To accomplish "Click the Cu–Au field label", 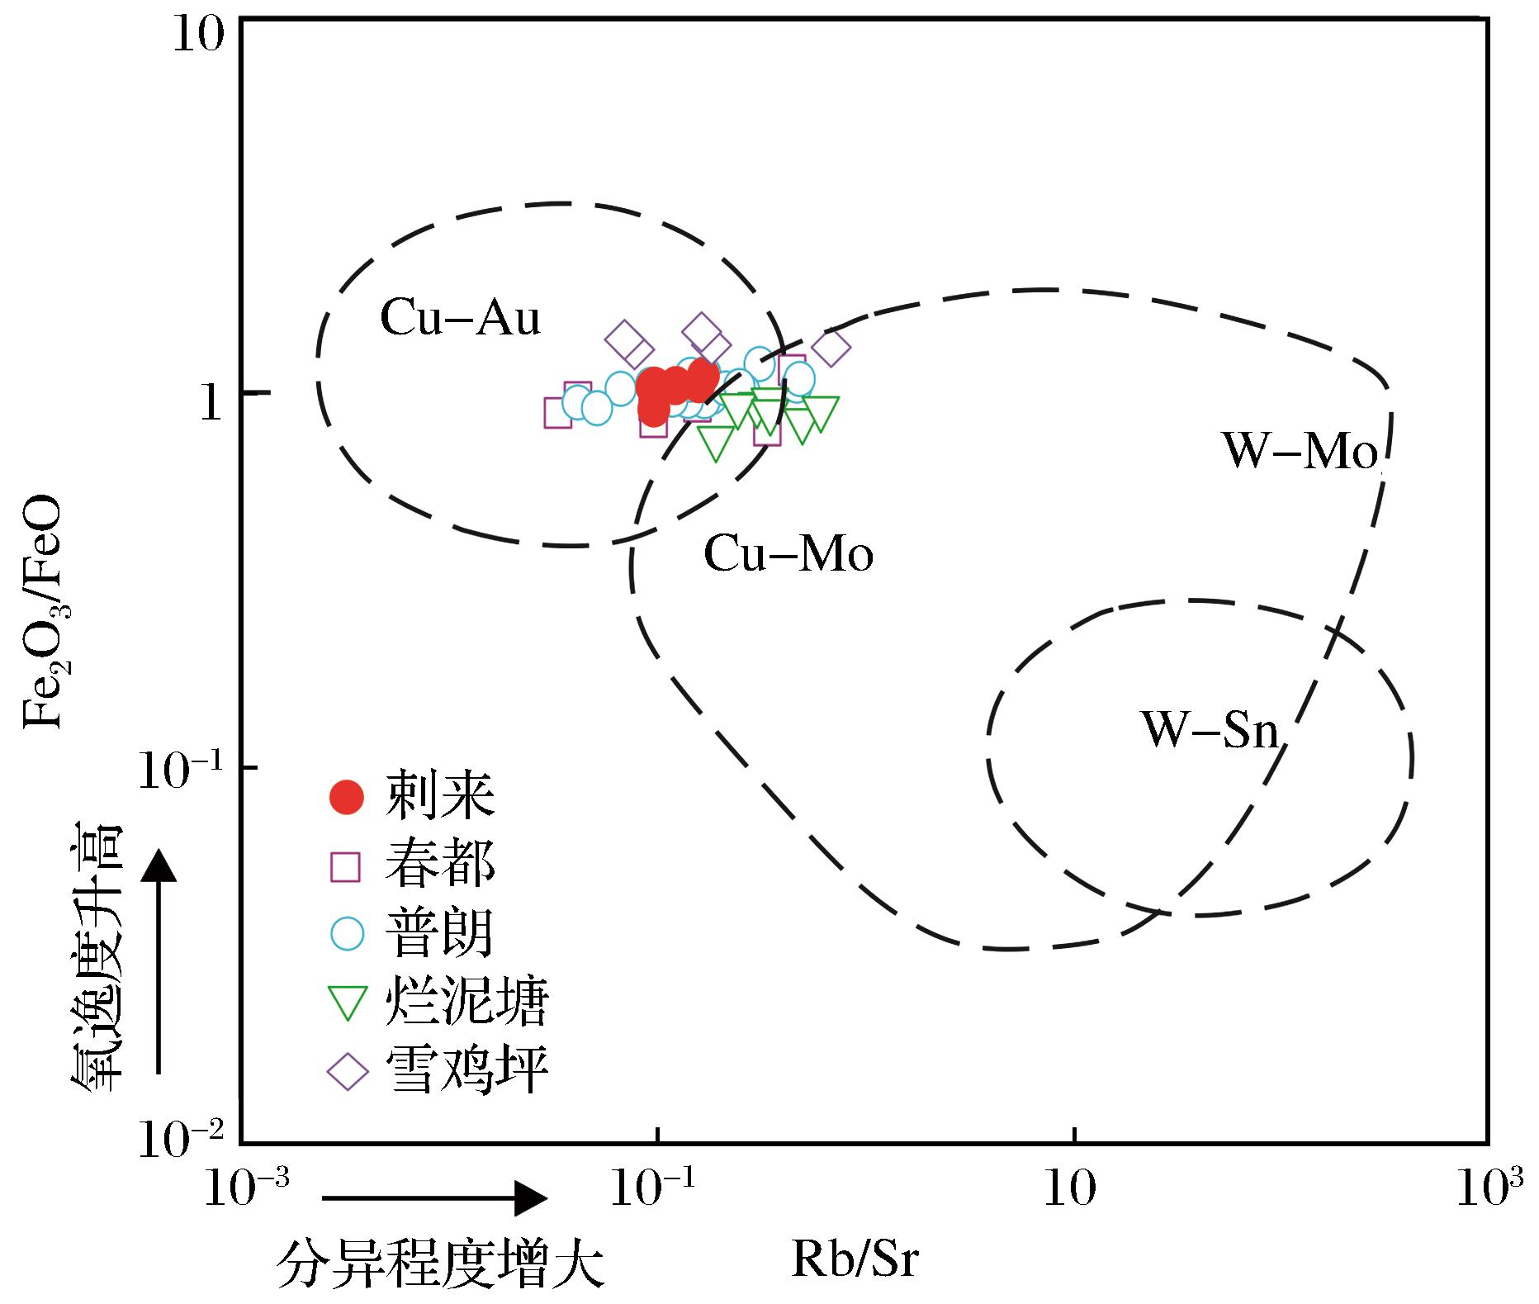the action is click(460, 319).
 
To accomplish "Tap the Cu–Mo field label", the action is click(788, 554).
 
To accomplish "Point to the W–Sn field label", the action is click(1210, 730).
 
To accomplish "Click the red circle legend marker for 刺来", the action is click(346, 797).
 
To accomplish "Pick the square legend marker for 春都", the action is click(345, 867).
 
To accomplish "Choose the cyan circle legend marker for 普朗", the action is click(347, 933).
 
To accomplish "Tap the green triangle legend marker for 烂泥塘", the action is click(346, 1003).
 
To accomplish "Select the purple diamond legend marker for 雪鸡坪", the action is click(347, 1072).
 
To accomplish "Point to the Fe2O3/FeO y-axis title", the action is click(47, 612).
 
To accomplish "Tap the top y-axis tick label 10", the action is click(198, 38).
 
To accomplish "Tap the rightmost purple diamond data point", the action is click(831, 348).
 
